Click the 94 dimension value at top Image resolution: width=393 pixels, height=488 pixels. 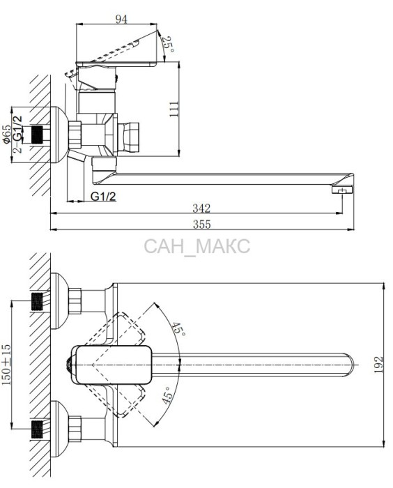121,20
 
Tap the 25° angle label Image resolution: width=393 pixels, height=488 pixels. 169,45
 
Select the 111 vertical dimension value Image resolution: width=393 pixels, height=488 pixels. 174,109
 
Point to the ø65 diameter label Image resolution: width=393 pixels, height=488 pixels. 6,135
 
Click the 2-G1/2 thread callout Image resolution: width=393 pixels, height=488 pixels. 18,134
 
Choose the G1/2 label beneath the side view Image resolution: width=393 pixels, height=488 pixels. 103,197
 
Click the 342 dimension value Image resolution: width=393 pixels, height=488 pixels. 201,208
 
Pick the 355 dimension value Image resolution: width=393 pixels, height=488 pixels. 201,224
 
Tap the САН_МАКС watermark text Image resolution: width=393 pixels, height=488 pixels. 197,246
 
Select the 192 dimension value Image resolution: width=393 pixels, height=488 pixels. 378,365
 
